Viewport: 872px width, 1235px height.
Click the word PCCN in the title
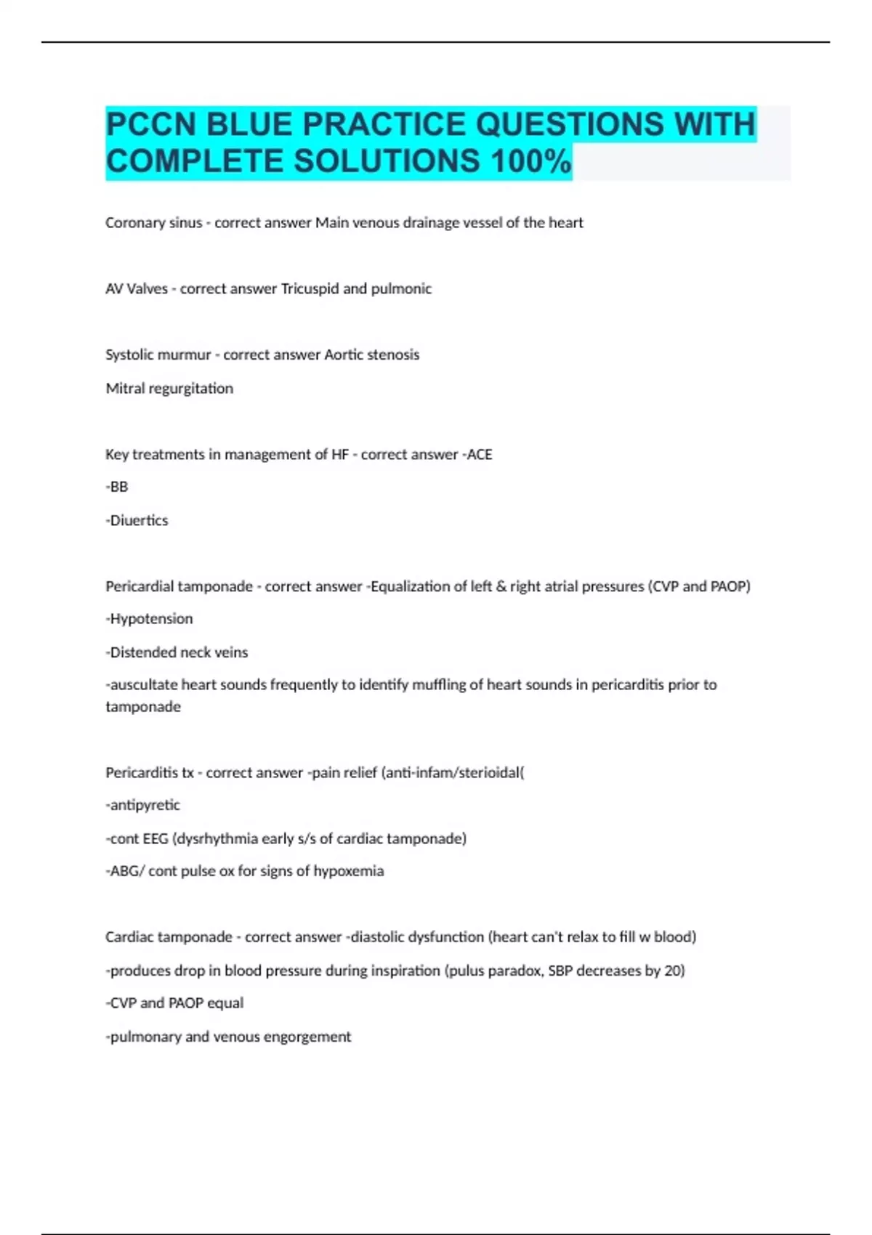pyautogui.click(x=151, y=125)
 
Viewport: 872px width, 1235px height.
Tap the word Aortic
pyautogui.click(x=344, y=355)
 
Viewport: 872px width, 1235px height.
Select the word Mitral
pyautogui.click(x=125, y=389)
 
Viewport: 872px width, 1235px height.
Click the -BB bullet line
pyautogui.click(x=117, y=487)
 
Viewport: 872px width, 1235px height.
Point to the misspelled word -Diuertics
pyautogui.click(x=137, y=521)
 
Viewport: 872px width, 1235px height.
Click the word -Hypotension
pyautogui.click(x=149, y=619)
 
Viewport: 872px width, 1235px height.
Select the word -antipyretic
pyautogui.click(x=142, y=805)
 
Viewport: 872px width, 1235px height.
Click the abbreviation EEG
pyautogui.click(x=155, y=839)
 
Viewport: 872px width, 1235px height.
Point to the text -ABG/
pyautogui.click(x=125, y=871)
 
